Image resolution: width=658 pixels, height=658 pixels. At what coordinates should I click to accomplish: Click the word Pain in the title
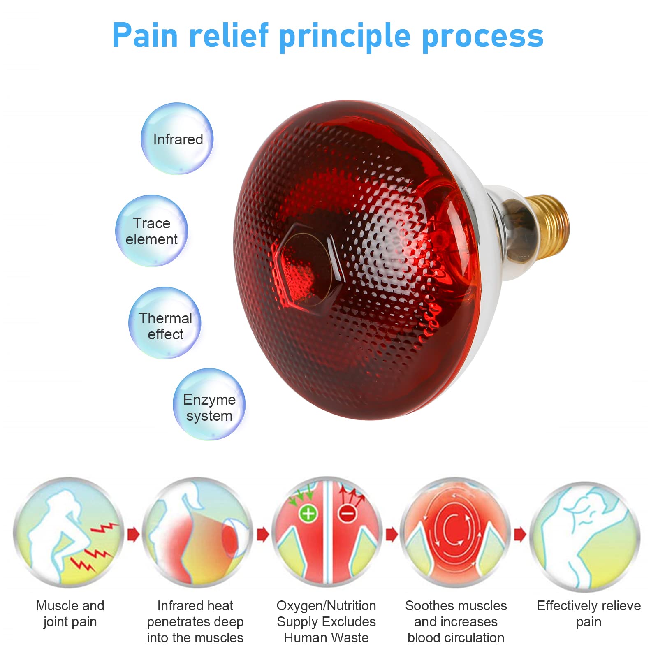[145, 36]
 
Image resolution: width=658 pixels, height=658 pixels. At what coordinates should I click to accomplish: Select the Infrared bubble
[177, 139]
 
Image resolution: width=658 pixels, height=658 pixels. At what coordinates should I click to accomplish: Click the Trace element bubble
[152, 231]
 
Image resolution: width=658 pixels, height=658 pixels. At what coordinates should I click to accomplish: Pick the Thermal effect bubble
[165, 323]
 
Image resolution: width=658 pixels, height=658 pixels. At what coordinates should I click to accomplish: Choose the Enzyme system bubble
[209, 404]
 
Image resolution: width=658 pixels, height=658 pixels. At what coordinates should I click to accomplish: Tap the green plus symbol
[308, 514]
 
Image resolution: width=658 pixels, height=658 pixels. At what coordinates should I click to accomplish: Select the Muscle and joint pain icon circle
[69, 532]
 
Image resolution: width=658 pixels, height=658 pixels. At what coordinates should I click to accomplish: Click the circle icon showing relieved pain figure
[585, 536]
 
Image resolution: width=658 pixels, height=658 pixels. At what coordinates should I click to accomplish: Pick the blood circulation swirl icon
[455, 532]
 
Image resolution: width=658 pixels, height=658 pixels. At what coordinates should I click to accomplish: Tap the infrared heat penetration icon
[198, 532]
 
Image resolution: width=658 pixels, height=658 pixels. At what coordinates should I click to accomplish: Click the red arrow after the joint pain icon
[133, 535]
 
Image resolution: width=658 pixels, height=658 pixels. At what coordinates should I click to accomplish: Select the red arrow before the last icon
[520, 535]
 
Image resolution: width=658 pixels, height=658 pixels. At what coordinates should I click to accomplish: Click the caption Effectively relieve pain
[588, 614]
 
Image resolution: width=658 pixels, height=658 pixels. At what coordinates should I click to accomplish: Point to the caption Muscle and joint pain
[70, 614]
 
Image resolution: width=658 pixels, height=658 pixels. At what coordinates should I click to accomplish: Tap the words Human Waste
[326, 638]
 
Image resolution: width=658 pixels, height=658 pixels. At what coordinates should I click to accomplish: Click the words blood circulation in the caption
[456, 638]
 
